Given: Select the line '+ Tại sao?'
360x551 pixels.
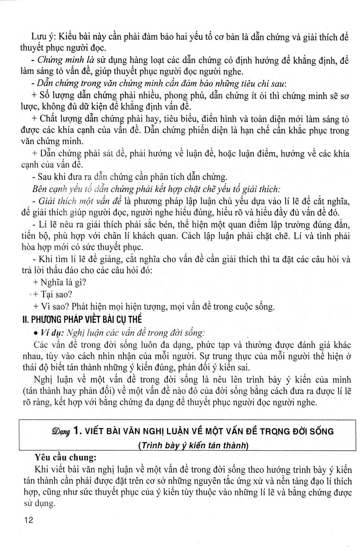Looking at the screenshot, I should [x=53, y=294].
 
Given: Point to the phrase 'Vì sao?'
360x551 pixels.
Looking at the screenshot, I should [x=58, y=306].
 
